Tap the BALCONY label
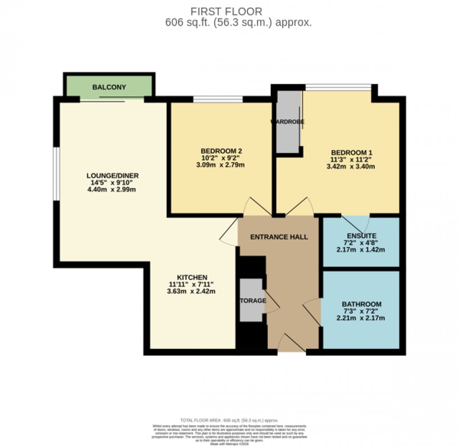109,87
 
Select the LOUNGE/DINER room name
112,176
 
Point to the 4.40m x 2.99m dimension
112,189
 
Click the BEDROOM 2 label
222,151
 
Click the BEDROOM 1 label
351,152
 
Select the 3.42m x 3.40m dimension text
351,166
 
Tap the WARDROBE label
288,122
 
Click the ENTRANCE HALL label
279,237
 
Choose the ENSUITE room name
361,236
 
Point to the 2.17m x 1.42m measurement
361,250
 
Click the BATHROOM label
361,304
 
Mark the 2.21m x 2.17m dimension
361,318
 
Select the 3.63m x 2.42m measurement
192,291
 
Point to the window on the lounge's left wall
57,174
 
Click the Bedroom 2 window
218,99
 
